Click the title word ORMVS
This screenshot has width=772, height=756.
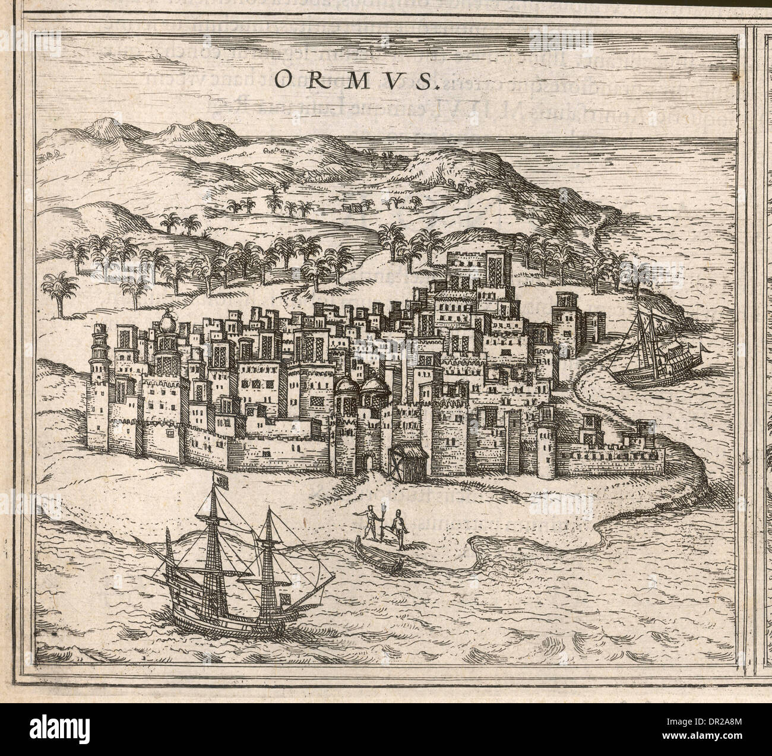coord(356,81)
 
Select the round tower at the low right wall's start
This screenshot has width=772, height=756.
coord(546,445)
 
